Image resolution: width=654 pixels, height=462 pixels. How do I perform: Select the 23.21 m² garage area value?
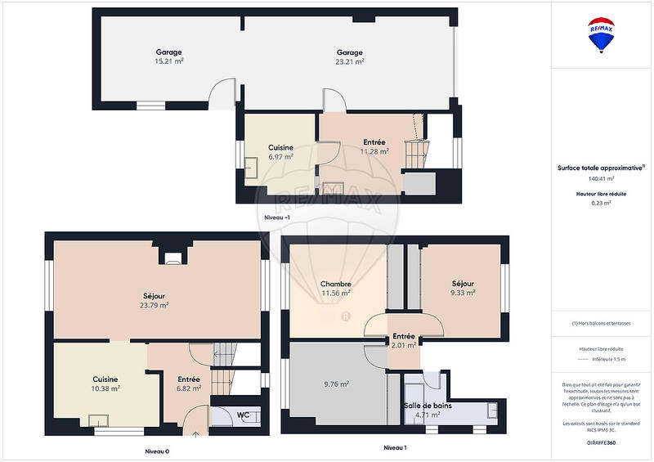coord(350,61)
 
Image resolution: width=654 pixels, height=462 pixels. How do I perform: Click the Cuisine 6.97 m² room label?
coord(280,152)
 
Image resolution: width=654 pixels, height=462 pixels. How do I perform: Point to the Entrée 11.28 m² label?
coord(374,146)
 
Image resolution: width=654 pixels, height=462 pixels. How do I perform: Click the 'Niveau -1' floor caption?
coord(277,217)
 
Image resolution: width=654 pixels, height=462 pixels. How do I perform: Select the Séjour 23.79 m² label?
coord(154,300)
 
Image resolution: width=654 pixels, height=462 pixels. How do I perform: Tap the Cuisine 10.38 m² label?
coord(105,384)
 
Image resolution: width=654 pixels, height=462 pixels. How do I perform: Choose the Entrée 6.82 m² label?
coord(189,384)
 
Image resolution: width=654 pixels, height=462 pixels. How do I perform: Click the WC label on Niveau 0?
coord(243,415)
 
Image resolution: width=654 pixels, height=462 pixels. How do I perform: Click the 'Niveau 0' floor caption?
coord(156,451)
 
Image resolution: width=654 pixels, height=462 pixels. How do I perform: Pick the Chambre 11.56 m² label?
coord(335,288)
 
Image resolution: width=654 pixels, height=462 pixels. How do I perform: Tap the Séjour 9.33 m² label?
coord(462,288)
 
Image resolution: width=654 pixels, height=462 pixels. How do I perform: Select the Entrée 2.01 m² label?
coord(403,341)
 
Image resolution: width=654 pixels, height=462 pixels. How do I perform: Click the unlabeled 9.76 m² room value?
coord(336,384)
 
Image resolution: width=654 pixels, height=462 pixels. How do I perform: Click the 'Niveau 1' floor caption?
coord(395,447)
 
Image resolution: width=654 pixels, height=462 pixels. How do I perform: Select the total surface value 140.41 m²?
coord(601,178)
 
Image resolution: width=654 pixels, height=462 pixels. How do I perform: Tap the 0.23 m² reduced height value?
coord(601,204)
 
